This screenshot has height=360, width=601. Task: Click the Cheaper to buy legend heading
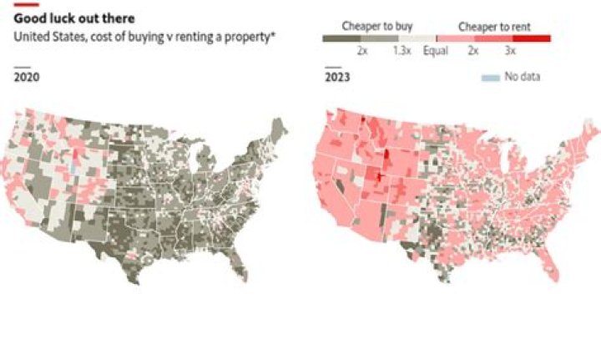tap(376, 26)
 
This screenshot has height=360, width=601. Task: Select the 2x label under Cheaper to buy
tap(364, 51)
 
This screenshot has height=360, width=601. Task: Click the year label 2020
tap(28, 78)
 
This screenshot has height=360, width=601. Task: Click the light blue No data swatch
tap(492, 78)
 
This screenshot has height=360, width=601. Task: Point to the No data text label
tap(523, 78)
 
